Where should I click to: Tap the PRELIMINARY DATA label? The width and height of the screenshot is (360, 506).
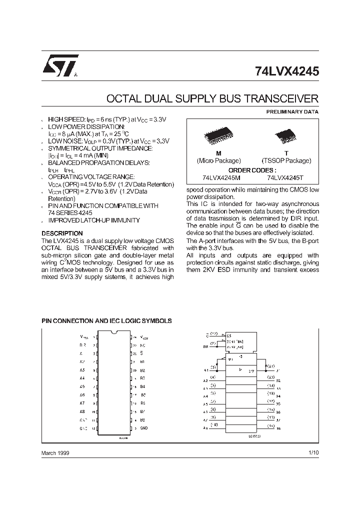292,112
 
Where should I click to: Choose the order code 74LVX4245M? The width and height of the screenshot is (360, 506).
221,177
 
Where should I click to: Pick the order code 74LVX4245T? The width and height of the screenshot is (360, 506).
285,177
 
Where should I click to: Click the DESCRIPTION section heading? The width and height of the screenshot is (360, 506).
62,233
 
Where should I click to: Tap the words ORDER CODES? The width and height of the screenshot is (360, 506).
252,169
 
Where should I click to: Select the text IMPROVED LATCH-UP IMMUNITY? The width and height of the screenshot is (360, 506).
94,220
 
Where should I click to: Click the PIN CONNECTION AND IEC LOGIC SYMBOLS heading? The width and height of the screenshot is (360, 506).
106,320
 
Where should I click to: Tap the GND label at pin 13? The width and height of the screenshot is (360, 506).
143,428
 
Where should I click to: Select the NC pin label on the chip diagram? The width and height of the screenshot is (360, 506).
142,345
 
